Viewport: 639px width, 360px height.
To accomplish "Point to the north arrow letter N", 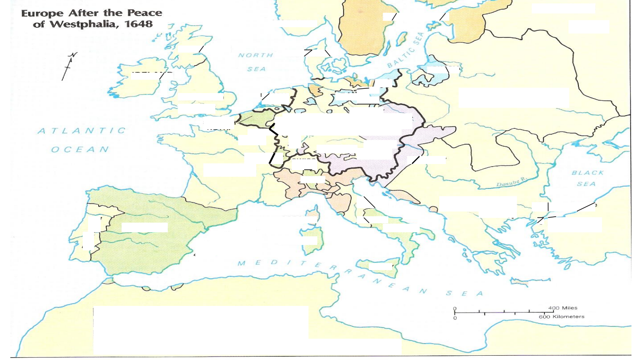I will [72, 55].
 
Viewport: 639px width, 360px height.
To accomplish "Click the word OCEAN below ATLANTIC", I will [80, 149].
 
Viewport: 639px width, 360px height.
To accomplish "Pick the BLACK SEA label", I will [587, 178].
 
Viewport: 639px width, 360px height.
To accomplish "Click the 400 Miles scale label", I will [562, 308].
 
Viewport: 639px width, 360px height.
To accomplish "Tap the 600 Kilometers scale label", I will [561, 317].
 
